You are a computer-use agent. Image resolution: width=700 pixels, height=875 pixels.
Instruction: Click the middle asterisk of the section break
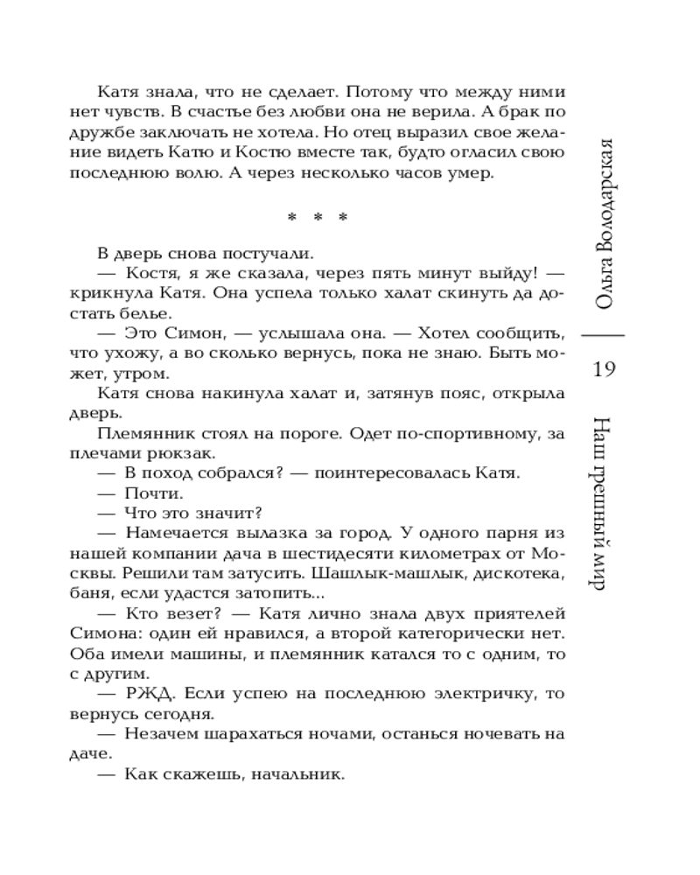coord(317,218)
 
